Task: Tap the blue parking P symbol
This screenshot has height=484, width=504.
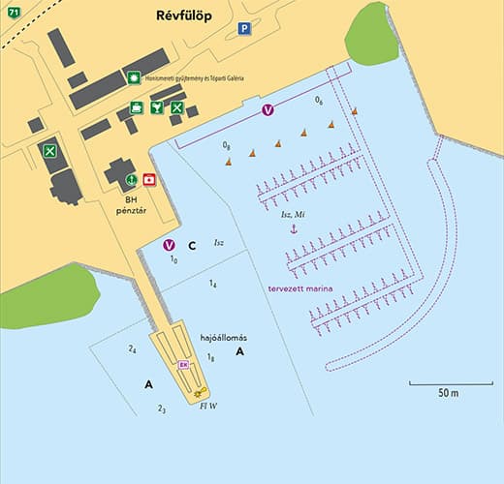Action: pyautogui.click(x=245, y=29)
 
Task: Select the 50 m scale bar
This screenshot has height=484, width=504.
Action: pyautogui.click(x=448, y=384)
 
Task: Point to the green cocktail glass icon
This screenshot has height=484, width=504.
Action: pyautogui.click(x=156, y=108)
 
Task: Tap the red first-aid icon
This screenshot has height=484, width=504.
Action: pyautogui.click(x=149, y=179)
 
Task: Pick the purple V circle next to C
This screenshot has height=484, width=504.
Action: pyautogui.click(x=170, y=245)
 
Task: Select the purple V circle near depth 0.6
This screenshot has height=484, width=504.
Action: pyautogui.click(x=269, y=112)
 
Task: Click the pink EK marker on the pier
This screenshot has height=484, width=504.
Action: pyautogui.click(x=183, y=364)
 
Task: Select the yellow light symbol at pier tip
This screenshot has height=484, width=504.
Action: pyautogui.click(x=199, y=394)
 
